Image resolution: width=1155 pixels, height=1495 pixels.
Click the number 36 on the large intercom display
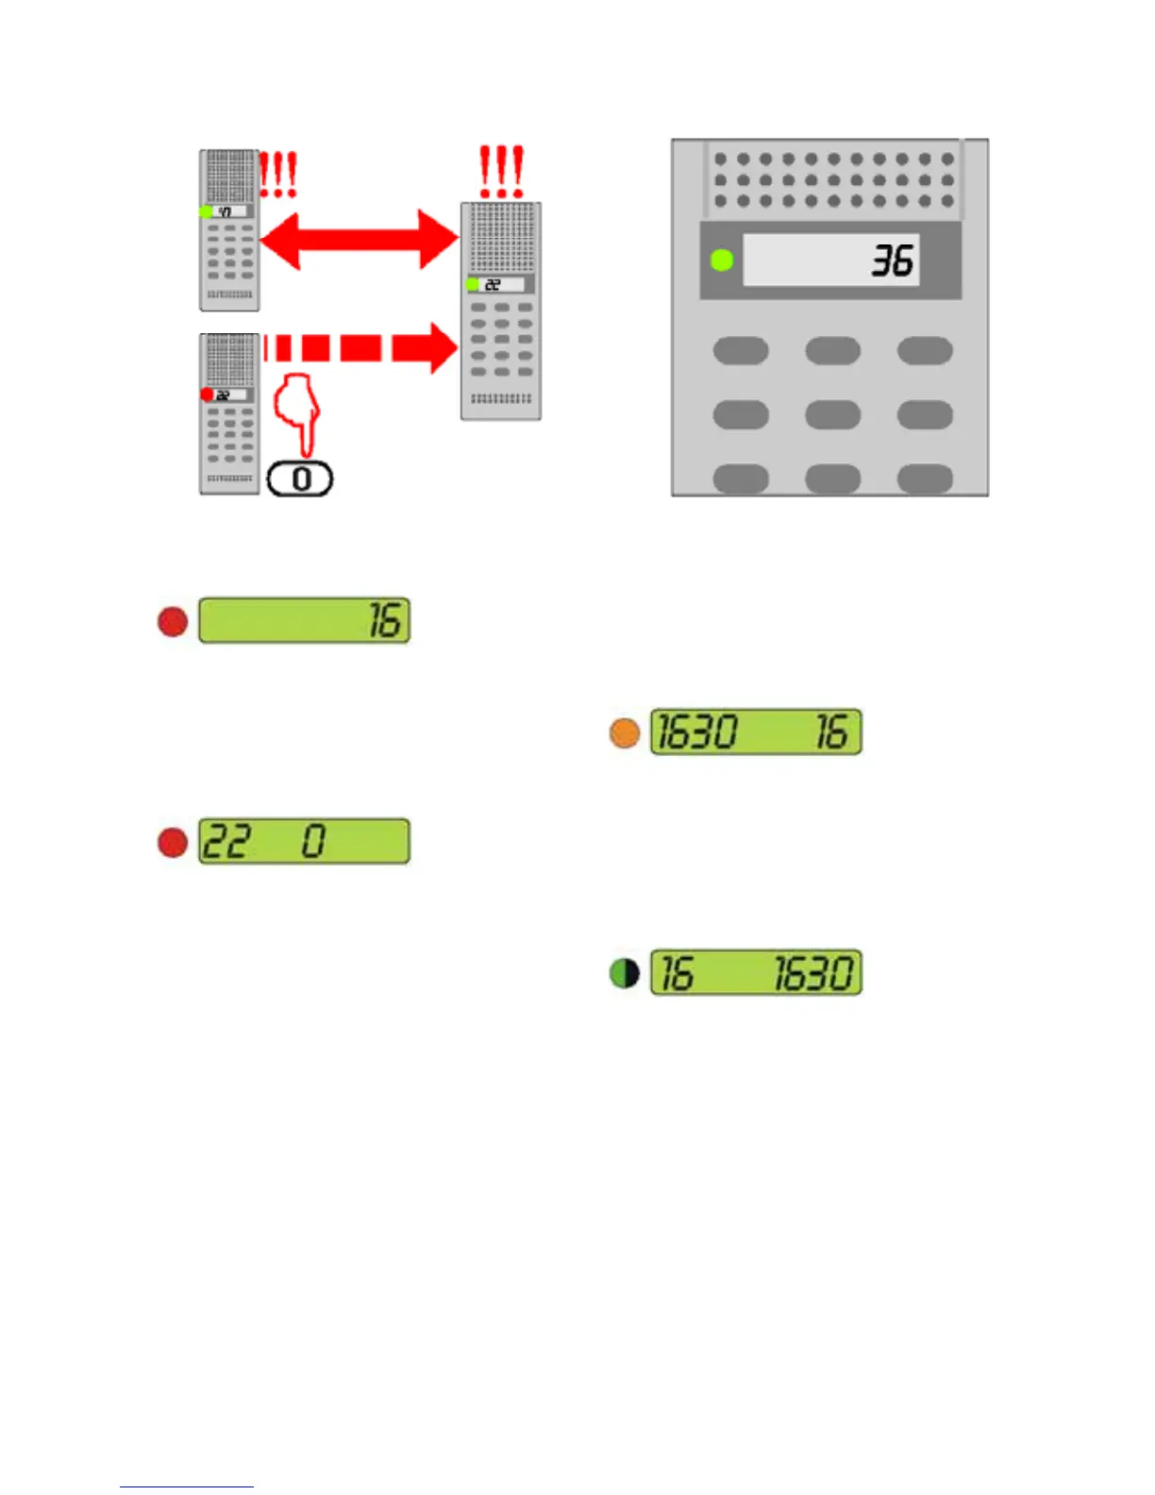(892, 260)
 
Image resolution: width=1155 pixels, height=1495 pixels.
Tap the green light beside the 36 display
(722, 260)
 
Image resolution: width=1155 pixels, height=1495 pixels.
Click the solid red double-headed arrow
(360, 240)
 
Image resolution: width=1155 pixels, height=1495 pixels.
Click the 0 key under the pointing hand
(301, 479)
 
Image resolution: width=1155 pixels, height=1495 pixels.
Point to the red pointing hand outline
(297, 412)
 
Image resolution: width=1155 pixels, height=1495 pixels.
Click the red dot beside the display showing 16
(173, 621)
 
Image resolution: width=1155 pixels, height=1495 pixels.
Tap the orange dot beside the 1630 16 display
(625, 732)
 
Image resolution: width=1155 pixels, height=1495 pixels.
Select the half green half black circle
(625, 973)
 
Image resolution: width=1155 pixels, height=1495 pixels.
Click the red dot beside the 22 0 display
(173, 841)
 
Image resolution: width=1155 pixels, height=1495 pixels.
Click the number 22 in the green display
(226, 841)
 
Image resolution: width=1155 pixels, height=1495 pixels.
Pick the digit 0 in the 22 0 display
(313, 841)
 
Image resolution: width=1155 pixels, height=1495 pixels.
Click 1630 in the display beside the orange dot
(697, 732)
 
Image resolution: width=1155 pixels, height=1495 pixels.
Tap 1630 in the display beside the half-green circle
(813, 973)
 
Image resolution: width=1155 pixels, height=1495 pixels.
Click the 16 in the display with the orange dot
(831, 732)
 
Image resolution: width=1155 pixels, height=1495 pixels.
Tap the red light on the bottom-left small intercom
(207, 395)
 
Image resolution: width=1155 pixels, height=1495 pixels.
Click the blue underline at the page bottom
(186, 1487)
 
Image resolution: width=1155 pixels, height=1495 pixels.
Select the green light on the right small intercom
(472, 284)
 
